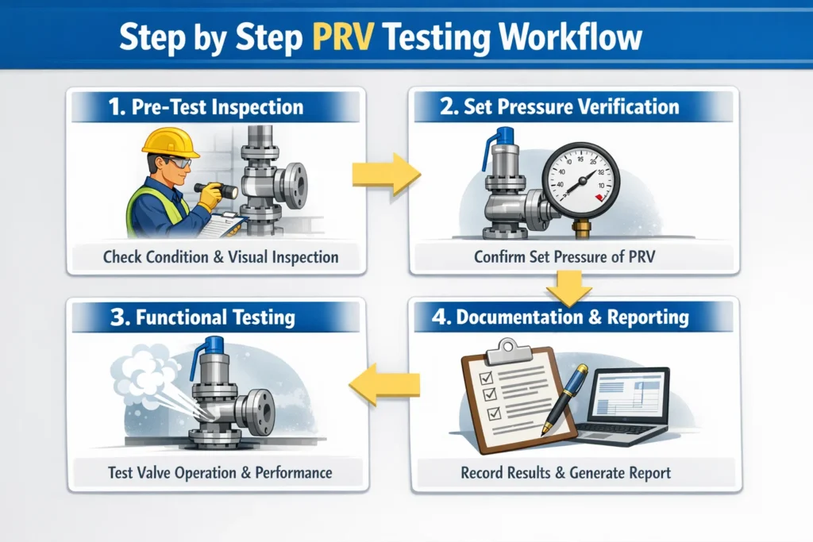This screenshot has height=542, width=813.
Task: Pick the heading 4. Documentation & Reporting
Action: point(572,317)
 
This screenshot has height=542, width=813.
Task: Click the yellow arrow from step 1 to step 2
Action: point(386,175)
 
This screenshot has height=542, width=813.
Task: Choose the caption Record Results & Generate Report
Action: point(565,473)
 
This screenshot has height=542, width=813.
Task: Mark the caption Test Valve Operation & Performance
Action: point(220,473)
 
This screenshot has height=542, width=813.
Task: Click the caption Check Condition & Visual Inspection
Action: point(221,257)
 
